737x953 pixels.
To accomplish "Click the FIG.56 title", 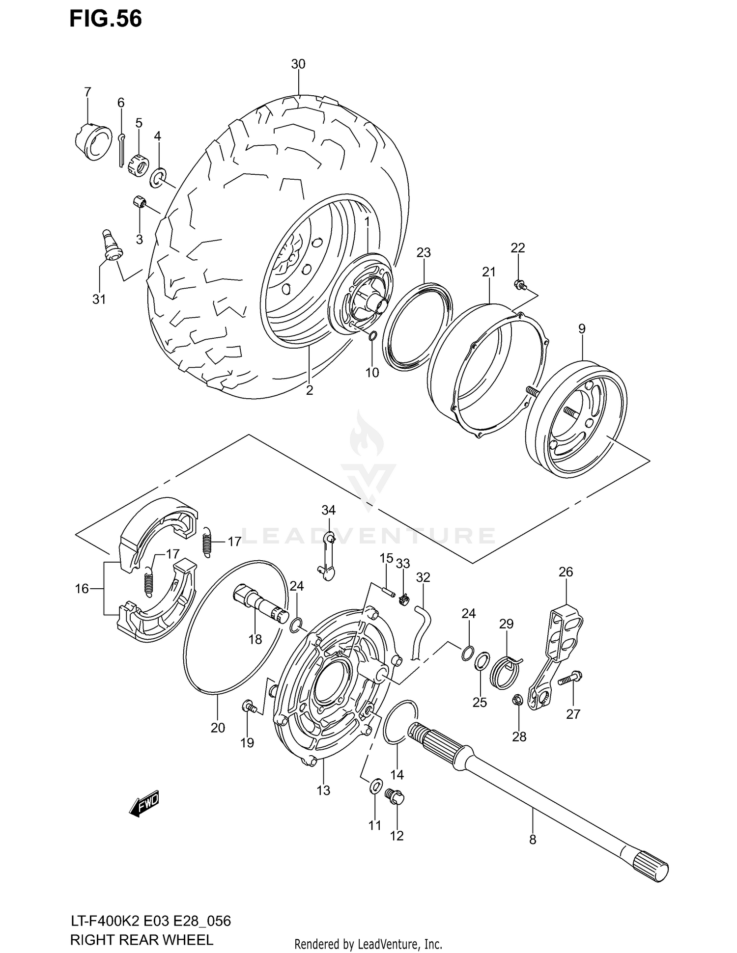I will click(x=105, y=19).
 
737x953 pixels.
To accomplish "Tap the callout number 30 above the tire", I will click(x=298, y=64).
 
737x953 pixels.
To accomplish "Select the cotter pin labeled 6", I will click(x=121, y=150).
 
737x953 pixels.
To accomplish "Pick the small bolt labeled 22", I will click(x=520, y=284).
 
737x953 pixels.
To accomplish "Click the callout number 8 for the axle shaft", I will click(x=533, y=840).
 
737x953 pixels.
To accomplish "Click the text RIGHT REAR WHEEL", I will click(x=142, y=939).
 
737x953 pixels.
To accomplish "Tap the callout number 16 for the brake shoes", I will click(x=82, y=588).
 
